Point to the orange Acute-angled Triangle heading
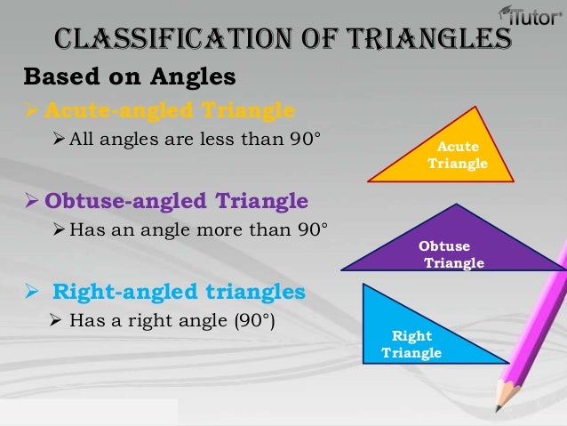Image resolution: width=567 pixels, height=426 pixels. click(169, 110)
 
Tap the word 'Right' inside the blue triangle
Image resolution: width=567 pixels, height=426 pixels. click(411, 336)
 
